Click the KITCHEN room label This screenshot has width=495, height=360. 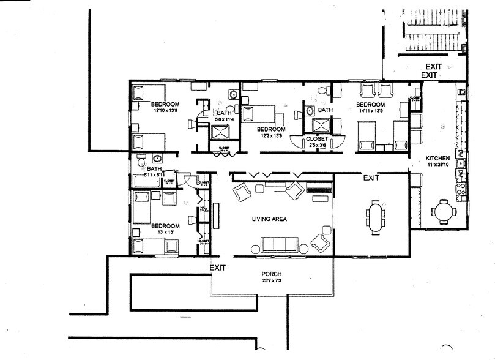click(437, 159)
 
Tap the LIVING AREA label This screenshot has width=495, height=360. click(270, 219)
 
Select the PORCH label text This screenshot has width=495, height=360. click(270, 274)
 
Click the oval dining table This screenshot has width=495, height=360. click(375, 217)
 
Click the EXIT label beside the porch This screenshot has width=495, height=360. click(218, 268)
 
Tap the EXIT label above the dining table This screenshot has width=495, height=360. click(371, 178)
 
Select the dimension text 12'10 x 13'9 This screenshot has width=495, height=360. click(165, 111)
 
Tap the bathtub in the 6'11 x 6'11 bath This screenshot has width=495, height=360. click(146, 182)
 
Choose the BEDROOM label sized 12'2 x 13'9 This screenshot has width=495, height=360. click(270, 129)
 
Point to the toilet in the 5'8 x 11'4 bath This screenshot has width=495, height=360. click(233, 94)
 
